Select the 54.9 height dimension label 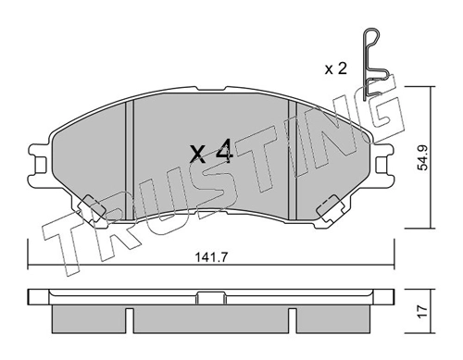(422, 158)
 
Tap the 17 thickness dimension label (422, 312)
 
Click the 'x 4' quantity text (211, 152)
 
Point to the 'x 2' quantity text (336, 69)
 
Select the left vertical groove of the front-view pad (130, 160)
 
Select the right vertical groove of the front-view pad (292, 160)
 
